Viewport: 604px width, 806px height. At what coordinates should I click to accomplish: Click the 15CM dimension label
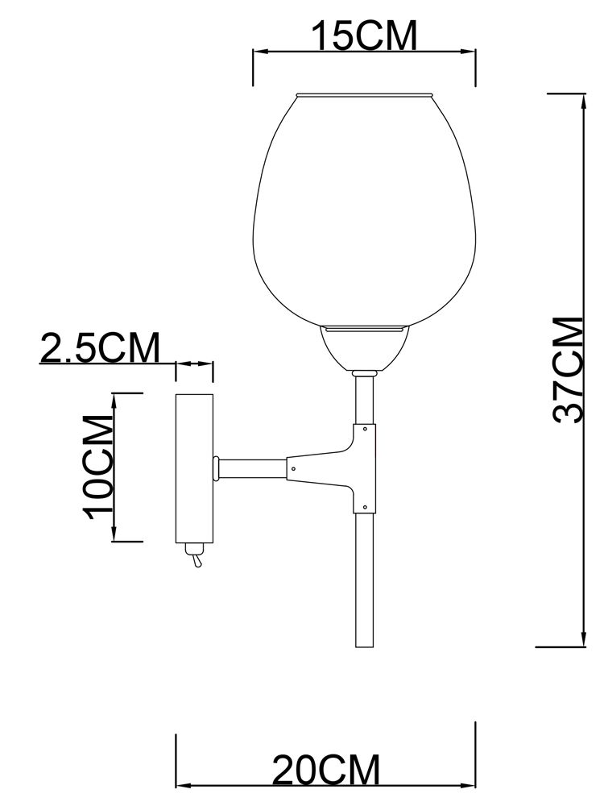[365, 36]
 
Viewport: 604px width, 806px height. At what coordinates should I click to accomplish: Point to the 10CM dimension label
[96, 467]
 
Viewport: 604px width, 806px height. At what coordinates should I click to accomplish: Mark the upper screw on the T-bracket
[365, 430]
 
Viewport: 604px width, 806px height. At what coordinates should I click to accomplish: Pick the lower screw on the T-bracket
[365, 507]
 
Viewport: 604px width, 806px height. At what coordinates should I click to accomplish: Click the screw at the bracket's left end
[294, 468]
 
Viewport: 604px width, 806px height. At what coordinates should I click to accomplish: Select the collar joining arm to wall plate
[217, 467]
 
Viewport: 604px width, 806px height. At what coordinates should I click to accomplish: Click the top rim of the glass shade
[365, 95]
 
